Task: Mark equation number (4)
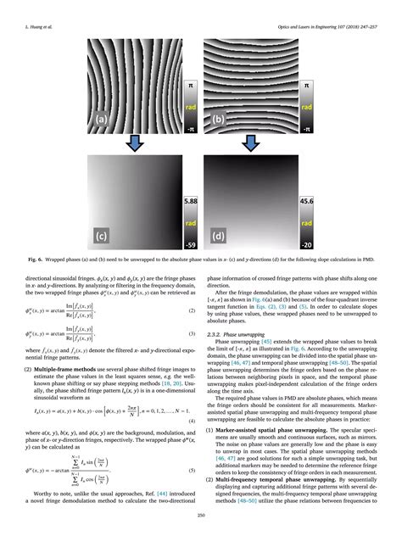(193, 399)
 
